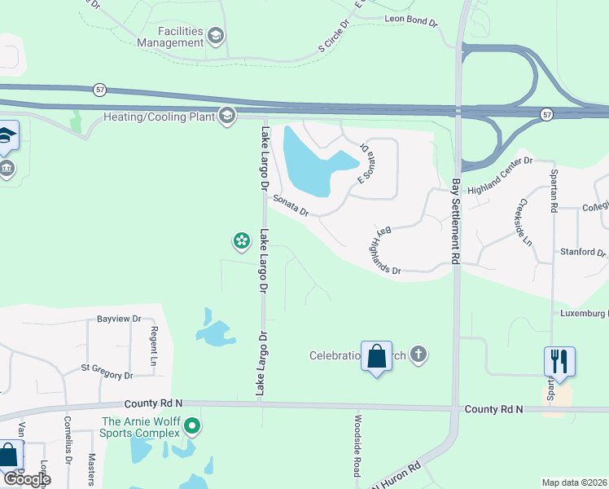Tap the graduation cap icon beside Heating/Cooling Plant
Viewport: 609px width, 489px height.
click(x=227, y=116)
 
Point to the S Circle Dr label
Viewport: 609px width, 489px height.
click(x=333, y=37)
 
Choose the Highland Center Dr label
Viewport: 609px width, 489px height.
click(x=499, y=165)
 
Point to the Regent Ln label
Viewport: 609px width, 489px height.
click(x=153, y=344)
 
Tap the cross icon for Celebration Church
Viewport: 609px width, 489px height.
click(x=418, y=355)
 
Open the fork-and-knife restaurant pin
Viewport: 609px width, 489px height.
click(x=559, y=359)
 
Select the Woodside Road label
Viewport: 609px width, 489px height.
click(x=357, y=444)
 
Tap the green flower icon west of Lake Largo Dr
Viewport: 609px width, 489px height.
click(x=241, y=240)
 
